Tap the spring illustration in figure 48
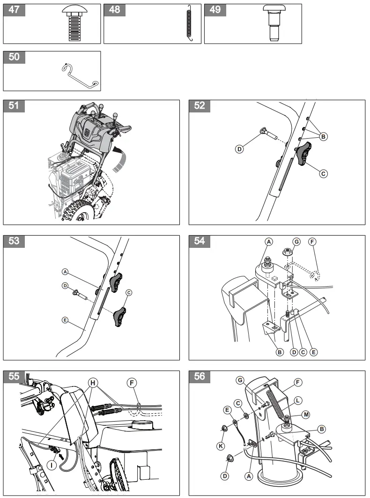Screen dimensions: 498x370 click(x=189, y=24)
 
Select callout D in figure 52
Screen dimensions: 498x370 click(x=239, y=149)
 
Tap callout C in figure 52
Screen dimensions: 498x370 click(x=323, y=173)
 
